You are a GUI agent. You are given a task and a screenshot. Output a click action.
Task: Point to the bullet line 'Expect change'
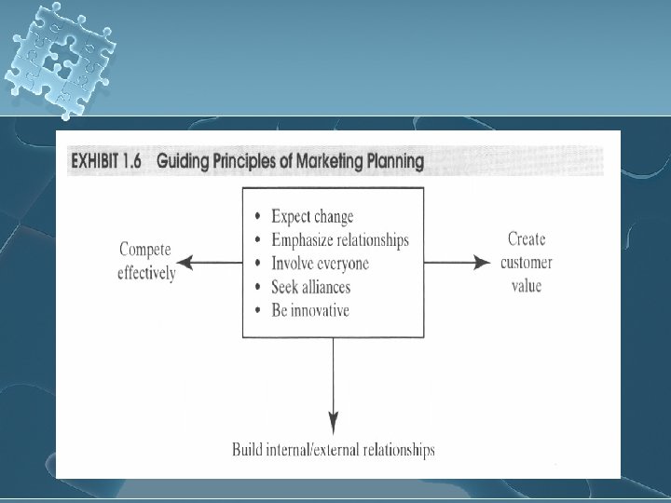point(311,216)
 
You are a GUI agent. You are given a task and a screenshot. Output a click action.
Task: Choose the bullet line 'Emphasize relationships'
point(339,239)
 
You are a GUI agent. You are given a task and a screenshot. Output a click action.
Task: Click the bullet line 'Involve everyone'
point(320,263)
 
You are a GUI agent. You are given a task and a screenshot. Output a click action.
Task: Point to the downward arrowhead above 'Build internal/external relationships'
point(333,421)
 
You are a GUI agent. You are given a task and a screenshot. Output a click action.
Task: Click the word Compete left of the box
point(146,251)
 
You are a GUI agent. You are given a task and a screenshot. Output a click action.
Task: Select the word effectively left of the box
point(146,274)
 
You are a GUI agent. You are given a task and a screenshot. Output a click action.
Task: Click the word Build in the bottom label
point(248,451)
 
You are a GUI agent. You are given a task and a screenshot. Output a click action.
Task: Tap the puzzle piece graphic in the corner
point(57,57)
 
